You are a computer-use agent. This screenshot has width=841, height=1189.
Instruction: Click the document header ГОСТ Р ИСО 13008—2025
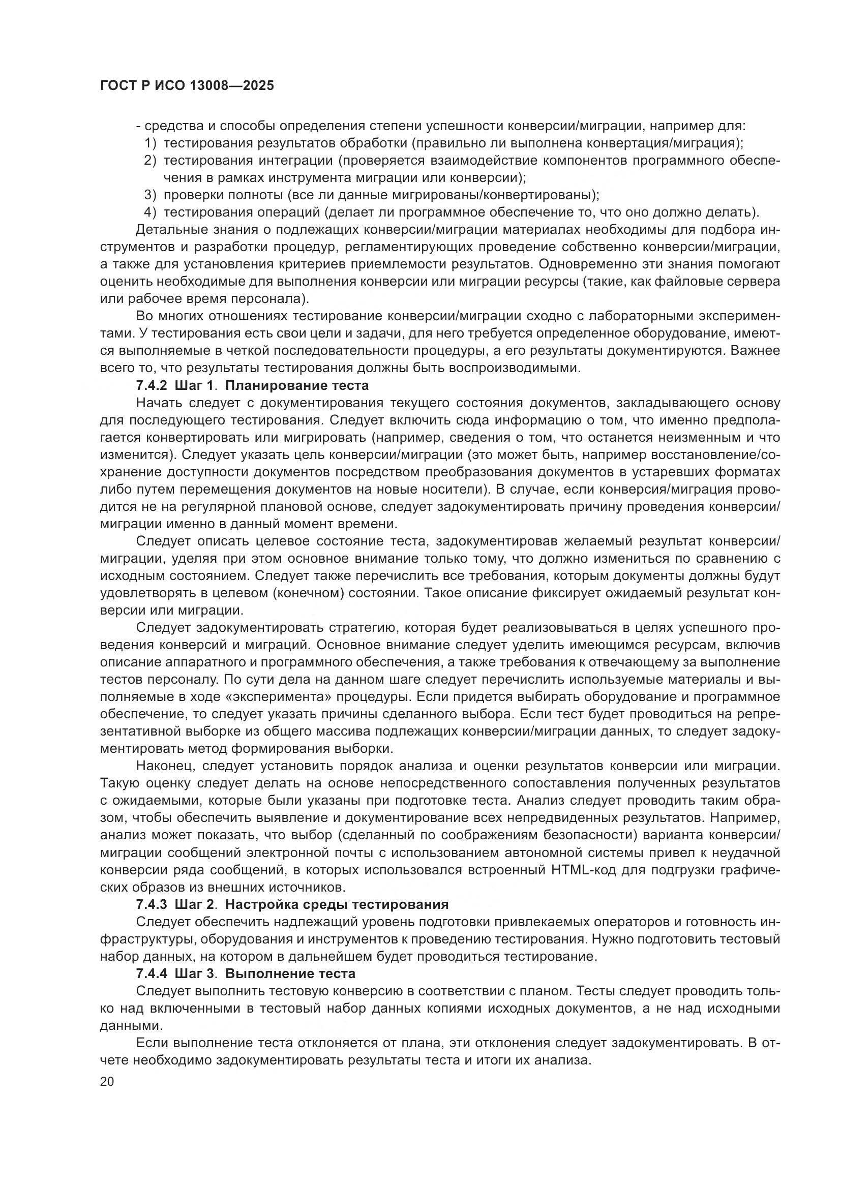187,86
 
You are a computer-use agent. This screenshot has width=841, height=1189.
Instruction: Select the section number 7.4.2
152,385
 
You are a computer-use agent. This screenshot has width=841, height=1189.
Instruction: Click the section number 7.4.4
152,973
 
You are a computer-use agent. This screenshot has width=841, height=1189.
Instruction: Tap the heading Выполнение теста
290,973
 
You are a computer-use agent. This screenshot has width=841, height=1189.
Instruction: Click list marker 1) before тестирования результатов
150,143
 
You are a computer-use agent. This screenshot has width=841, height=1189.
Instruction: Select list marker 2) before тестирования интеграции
150,161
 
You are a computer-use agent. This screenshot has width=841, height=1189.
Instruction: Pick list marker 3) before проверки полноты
150,195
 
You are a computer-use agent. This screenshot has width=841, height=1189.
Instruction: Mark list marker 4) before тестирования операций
150,212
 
